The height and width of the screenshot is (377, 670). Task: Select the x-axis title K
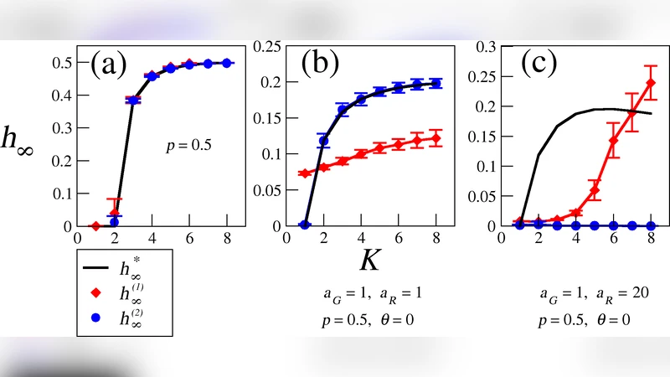coord(369,260)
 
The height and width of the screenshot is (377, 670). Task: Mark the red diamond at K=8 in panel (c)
coord(651,83)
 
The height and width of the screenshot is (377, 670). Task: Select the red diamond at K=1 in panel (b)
coord(305,173)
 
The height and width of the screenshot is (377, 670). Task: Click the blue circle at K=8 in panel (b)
coord(436,84)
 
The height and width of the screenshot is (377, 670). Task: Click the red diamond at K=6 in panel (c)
coord(613,141)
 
